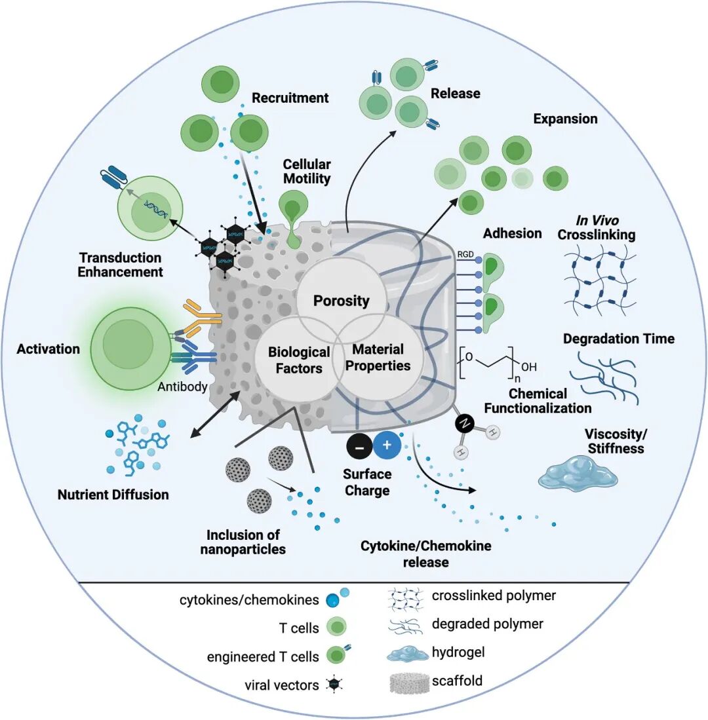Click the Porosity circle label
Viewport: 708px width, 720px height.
[x=341, y=301]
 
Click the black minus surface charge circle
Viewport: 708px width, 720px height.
[x=359, y=446]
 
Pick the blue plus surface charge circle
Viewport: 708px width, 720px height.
[x=387, y=445]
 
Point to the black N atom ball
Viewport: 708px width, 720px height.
[x=465, y=424]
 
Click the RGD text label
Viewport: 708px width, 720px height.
[x=465, y=254]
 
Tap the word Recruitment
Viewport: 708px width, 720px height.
[x=290, y=98]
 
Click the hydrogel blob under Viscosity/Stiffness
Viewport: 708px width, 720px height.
[x=578, y=472]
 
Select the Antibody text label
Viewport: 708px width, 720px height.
[x=182, y=387]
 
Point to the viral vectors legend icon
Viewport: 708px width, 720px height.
[x=334, y=685]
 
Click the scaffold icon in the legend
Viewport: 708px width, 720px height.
[x=410, y=683]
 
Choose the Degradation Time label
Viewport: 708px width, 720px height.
[x=619, y=339]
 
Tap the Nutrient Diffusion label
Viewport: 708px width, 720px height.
[x=113, y=495]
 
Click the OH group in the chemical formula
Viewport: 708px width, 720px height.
[x=529, y=366]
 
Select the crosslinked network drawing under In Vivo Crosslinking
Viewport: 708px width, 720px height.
[x=600, y=281]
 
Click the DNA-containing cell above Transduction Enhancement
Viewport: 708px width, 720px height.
[x=149, y=210]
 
